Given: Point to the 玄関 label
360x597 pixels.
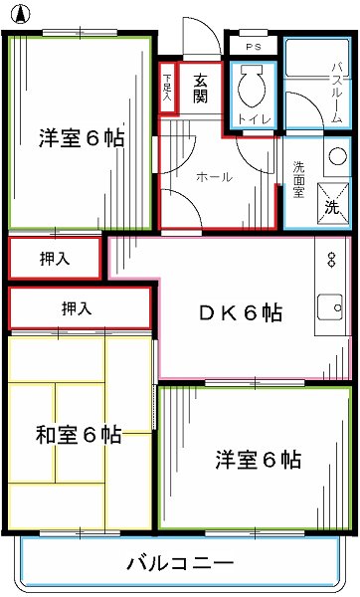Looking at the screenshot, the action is [200, 89].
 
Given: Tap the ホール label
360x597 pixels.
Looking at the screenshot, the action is [214, 177].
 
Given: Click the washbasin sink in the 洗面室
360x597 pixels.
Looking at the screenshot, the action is [335, 159].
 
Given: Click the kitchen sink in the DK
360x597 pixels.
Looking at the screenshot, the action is [327, 315].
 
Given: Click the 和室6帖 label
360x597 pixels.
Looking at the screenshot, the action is [79, 435].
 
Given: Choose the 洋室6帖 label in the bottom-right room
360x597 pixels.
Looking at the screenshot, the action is [259, 460].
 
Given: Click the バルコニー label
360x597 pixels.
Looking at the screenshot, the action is [180, 564].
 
